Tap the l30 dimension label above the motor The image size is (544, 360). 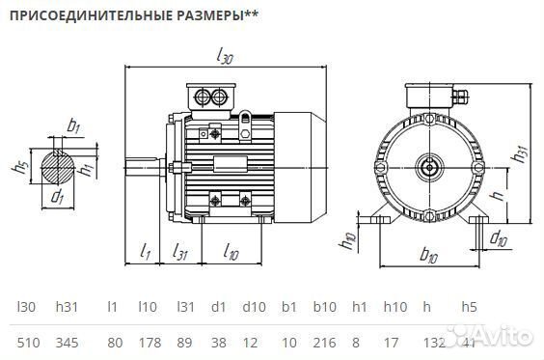point(226,58)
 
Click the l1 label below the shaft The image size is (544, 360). point(145,253)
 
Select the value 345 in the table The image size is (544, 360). point(68,341)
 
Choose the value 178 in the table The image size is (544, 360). point(148,341)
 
